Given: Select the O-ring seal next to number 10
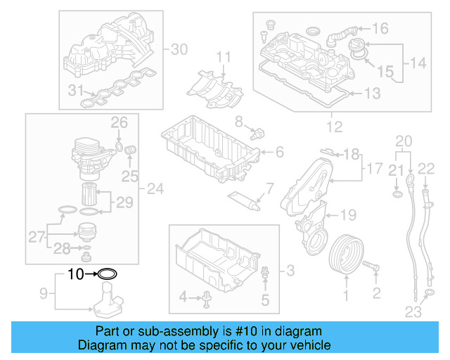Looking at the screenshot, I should click(x=107, y=274).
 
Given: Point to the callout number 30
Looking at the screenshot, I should click(x=179, y=49).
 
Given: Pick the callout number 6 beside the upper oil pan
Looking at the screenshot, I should click(x=279, y=152).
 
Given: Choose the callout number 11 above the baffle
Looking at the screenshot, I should click(x=223, y=56).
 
